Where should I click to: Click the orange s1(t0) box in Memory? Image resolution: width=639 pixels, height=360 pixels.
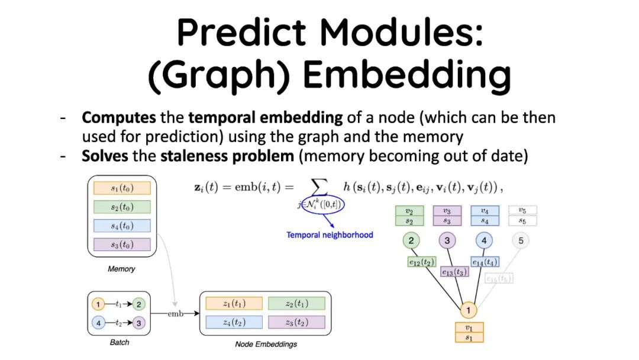click(x=122, y=188)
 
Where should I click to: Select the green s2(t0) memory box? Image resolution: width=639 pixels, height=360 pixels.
click(x=122, y=207)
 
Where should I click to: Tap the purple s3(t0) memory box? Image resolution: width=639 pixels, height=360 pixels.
click(x=122, y=244)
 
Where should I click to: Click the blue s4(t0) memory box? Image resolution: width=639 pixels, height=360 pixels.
click(x=122, y=226)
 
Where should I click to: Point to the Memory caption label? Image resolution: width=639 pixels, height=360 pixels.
click(x=121, y=269)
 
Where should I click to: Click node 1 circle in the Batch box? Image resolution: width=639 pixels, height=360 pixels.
click(x=99, y=304)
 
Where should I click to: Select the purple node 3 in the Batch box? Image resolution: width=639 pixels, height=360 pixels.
click(x=138, y=323)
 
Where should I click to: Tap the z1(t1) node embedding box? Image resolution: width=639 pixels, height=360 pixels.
click(x=234, y=304)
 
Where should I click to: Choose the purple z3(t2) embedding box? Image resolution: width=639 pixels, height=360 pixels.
click(x=296, y=322)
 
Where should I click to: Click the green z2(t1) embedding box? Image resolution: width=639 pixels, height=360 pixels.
click(x=296, y=304)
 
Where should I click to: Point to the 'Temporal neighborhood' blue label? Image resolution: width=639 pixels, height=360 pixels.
click(x=330, y=235)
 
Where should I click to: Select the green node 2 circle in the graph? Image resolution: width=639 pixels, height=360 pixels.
click(x=411, y=240)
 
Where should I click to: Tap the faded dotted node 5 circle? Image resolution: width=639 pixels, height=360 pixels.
click(x=521, y=240)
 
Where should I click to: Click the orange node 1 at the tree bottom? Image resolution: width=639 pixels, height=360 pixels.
click(x=469, y=310)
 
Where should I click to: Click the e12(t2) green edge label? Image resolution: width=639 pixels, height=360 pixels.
click(x=422, y=261)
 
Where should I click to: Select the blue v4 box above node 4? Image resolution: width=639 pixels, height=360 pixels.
click(x=485, y=210)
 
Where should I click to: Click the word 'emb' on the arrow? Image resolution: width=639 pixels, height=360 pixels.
click(x=175, y=313)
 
